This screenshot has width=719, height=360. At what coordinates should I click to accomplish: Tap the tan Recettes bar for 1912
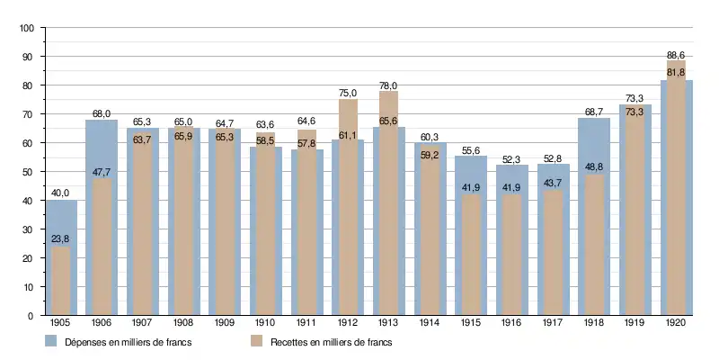(348, 207)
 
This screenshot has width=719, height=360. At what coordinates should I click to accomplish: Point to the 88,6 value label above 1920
(676, 54)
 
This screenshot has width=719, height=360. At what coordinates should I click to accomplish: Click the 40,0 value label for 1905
(60, 193)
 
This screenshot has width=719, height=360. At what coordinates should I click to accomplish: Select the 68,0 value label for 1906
(102, 113)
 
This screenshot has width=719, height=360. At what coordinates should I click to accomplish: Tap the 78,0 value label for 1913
(388, 85)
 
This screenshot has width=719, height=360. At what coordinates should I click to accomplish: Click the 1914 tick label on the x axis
(430, 323)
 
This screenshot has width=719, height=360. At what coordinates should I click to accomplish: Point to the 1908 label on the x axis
(183, 323)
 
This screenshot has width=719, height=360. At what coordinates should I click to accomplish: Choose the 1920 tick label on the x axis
(676, 323)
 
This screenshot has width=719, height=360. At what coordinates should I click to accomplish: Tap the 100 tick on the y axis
(26, 29)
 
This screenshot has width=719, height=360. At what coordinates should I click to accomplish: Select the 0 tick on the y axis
(31, 316)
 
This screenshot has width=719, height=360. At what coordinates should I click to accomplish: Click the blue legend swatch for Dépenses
(51, 342)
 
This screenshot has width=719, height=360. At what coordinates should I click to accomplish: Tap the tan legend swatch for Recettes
(256, 342)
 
